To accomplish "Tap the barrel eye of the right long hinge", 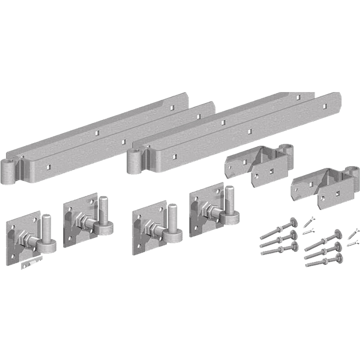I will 134,160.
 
